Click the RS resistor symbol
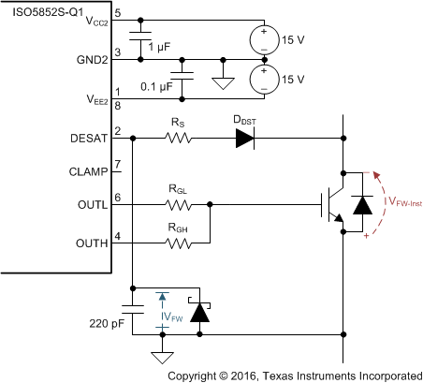(178, 139)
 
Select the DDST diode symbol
(245, 139)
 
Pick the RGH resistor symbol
(178, 243)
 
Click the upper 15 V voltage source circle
(264, 39)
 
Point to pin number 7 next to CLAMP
(119, 165)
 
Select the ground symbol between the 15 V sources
(222, 82)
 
